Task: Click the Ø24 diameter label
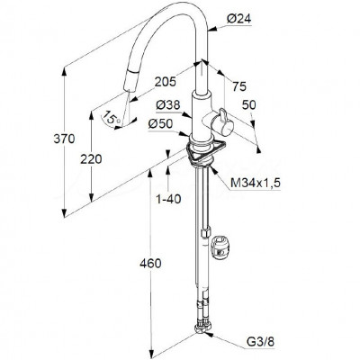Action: [x=238, y=19]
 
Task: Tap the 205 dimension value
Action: [x=166, y=82]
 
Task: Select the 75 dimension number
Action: [x=239, y=86]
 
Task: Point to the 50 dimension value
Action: [x=249, y=105]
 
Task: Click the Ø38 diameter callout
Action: [x=168, y=105]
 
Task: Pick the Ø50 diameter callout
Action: [x=160, y=123]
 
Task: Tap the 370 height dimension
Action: [x=64, y=139]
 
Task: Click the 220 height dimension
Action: [x=91, y=159]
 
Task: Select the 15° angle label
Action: [x=111, y=118]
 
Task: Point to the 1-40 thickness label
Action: [x=168, y=199]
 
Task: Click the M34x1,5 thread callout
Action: [x=256, y=183]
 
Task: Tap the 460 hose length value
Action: [x=150, y=264]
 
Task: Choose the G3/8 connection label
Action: [x=260, y=341]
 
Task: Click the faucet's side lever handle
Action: [x=222, y=122]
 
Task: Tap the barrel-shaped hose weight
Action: [x=220, y=247]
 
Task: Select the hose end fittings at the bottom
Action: [x=203, y=330]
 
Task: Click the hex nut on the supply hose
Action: [x=206, y=233]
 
